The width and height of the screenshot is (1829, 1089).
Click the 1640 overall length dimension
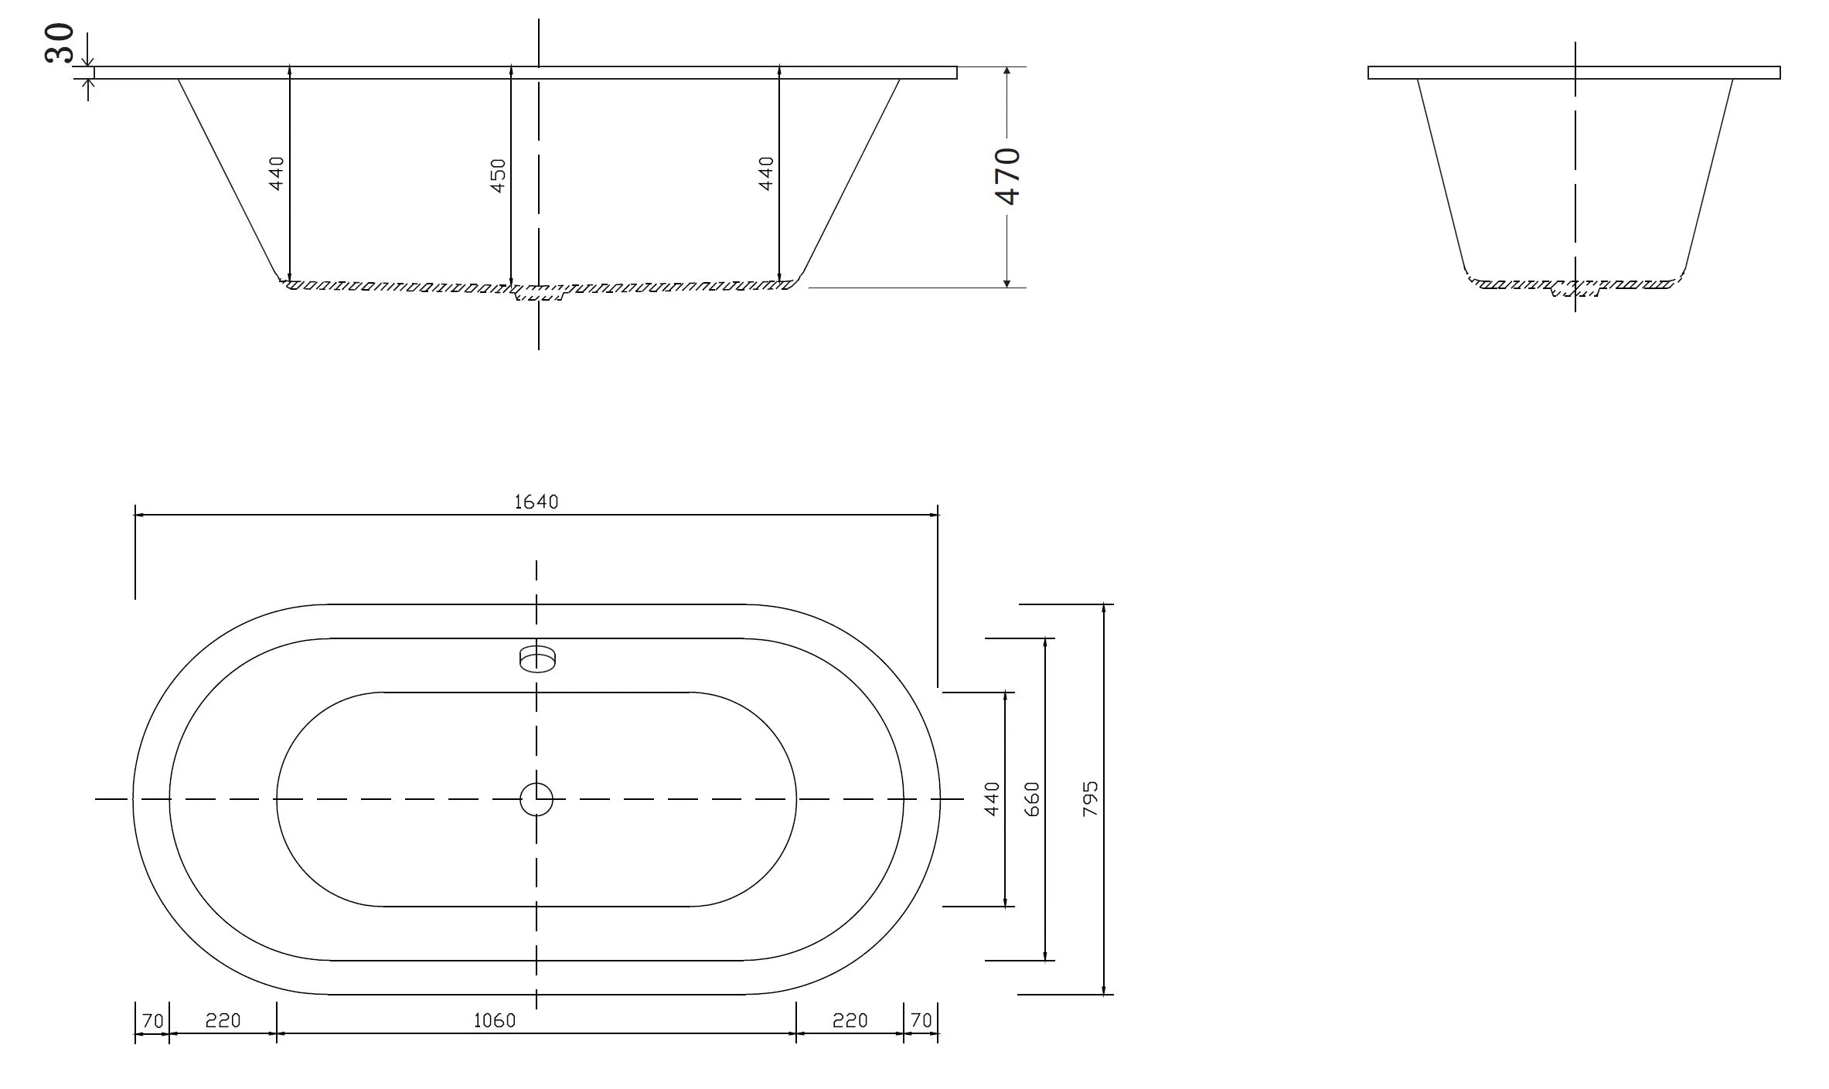[536, 502]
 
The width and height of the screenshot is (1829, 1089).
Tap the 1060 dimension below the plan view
[494, 1021]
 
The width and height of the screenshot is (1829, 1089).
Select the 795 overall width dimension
[1090, 799]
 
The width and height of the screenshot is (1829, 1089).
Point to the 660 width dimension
[1032, 799]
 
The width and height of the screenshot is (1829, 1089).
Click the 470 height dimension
[1009, 175]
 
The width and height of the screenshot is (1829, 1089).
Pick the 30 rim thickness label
[60, 43]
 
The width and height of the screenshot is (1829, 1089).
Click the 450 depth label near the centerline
[499, 175]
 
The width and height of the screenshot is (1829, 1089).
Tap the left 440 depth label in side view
[277, 173]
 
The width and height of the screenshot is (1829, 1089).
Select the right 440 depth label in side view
[766, 173]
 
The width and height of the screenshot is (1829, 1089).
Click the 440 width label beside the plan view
[993, 799]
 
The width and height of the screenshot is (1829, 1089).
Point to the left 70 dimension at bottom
[152, 1021]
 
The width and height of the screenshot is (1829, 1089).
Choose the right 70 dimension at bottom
[921, 1021]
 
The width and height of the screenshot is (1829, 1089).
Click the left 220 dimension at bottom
[223, 1021]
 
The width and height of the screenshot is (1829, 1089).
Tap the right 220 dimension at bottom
[850, 1021]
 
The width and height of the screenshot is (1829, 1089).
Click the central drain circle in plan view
[536, 799]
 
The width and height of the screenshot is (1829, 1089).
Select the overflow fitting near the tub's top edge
[537, 659]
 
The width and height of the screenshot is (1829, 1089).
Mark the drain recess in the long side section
[540, 293]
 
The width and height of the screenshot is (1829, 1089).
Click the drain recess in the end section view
[1575, 290]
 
